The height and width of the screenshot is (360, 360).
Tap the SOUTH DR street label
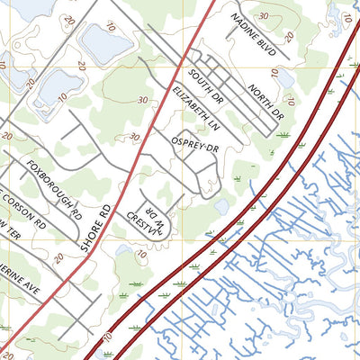pyautogui.click(x=207, y=82)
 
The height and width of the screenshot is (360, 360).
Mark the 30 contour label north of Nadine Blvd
pyautogui.click(x=263, y=16)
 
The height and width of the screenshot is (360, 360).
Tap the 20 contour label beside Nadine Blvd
pyautogui.click(x=288, y=38)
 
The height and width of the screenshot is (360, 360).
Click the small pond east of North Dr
pyautogui.click(x=285, y=80)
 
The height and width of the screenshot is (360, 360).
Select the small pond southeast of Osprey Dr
pyautogui.click(x=221, y=206)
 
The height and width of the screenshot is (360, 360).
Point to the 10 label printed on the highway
pyautogui.click(x=107, y=337)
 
